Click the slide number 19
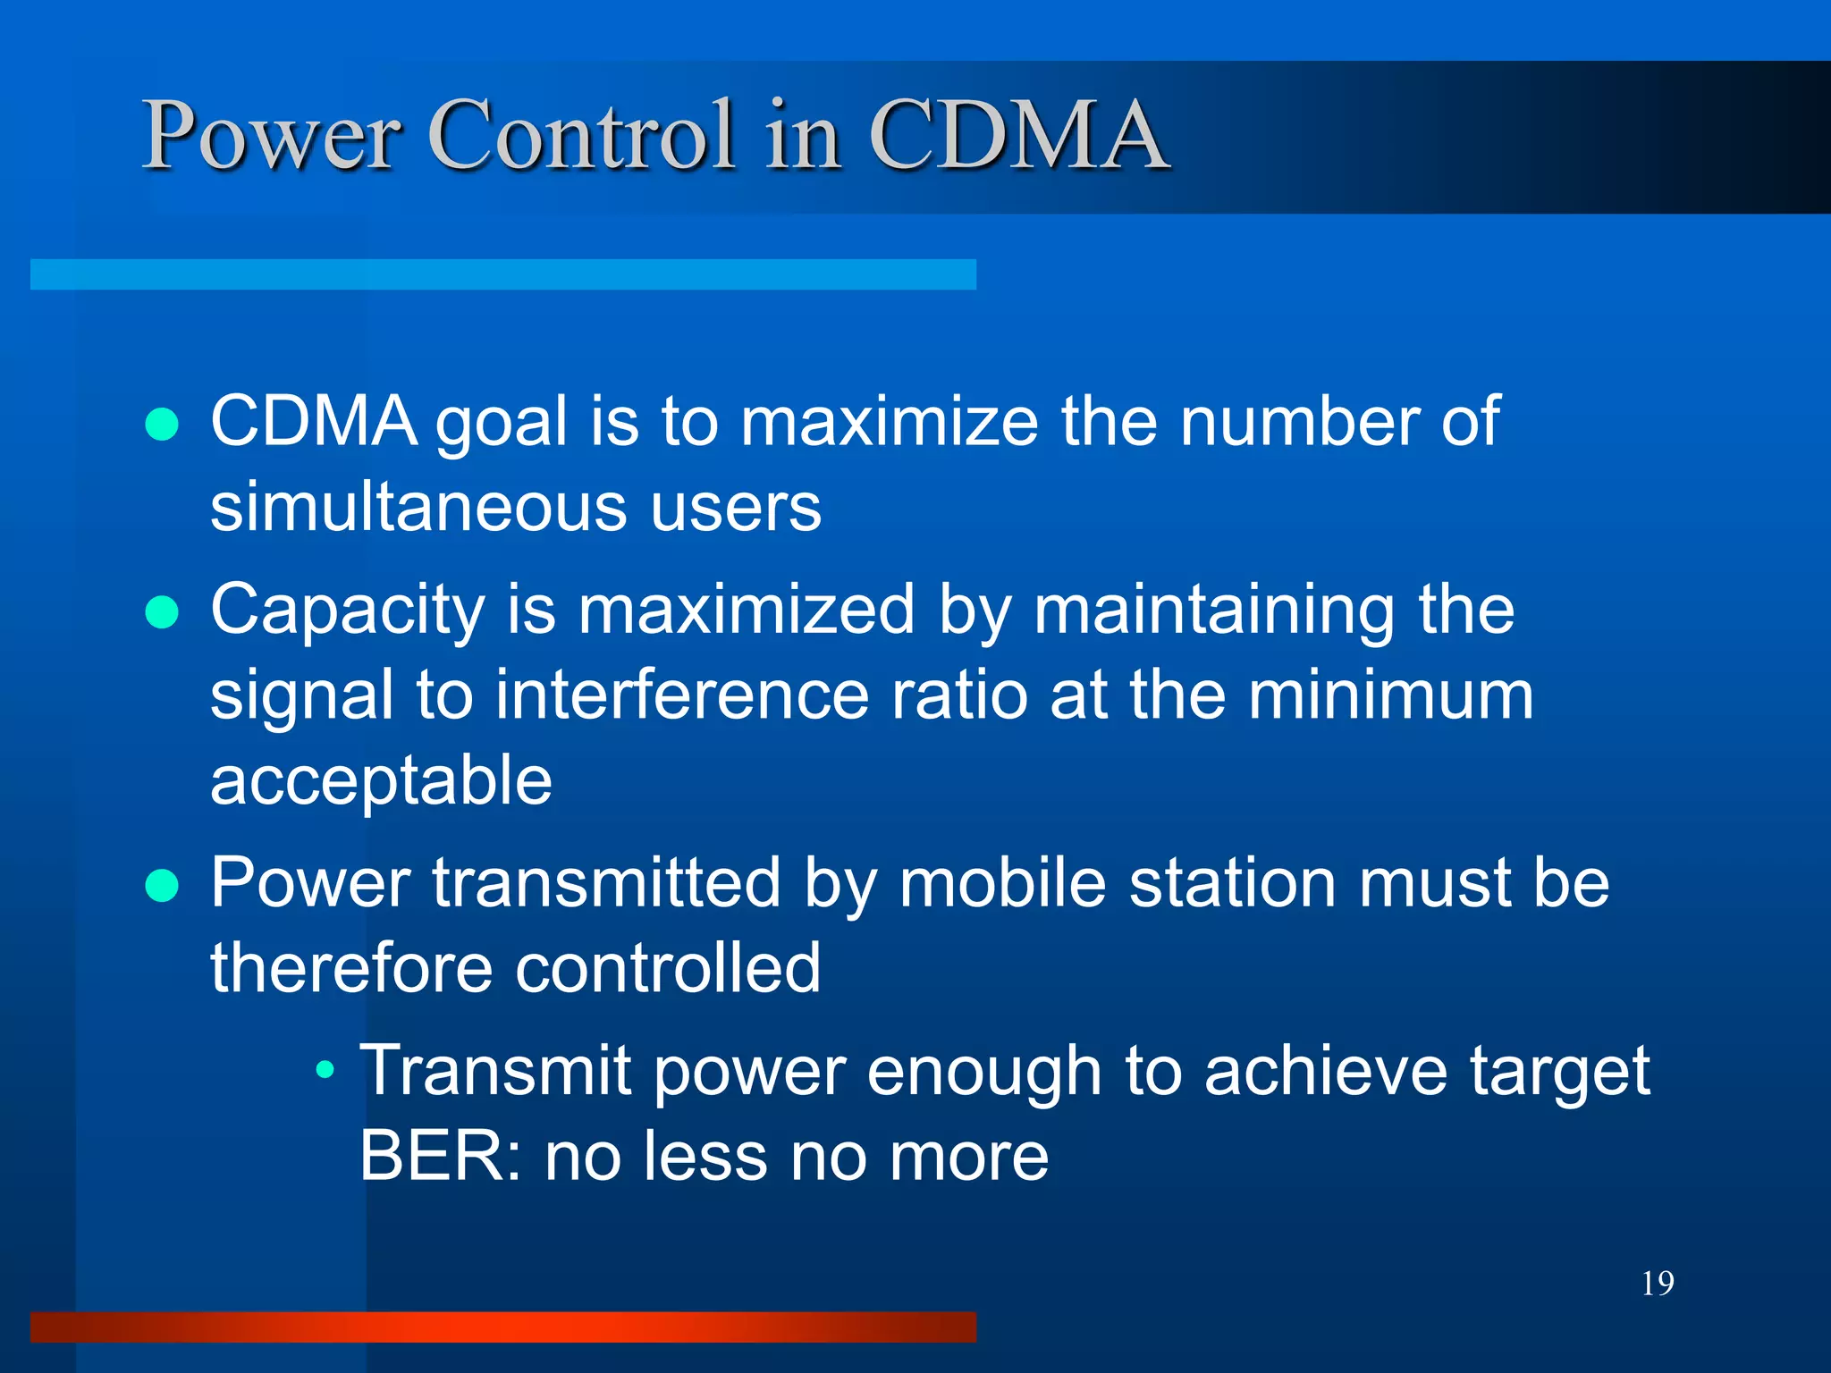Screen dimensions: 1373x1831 point(1658,1284)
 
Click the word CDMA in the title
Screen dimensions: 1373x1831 point(1018,135)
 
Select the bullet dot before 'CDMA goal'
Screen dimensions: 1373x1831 point(162,425)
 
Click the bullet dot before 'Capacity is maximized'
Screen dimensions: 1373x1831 point(162,612)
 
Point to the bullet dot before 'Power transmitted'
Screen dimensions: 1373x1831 point(162,886)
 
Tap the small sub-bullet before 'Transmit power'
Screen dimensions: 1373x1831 point(326,1069)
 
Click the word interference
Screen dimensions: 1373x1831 point(681,695)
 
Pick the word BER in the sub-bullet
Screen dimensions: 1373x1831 point(431,1157)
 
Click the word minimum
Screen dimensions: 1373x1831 point(1390,695)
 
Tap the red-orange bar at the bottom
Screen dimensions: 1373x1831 point(502,1327)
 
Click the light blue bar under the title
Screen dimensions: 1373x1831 point(502,274)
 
